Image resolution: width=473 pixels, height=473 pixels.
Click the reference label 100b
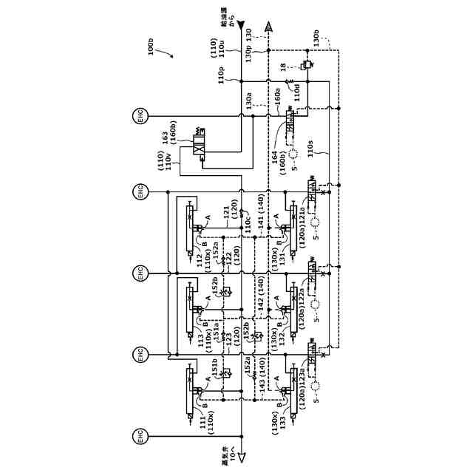[x=152, y=47]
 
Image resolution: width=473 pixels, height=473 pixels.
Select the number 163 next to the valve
[x=165, y=138]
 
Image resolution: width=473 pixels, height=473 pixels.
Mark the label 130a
[x=249, y=100]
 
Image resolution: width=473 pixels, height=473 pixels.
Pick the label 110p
[x=221, y=75]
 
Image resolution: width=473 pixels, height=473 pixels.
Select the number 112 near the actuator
[x=199, y=260]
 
